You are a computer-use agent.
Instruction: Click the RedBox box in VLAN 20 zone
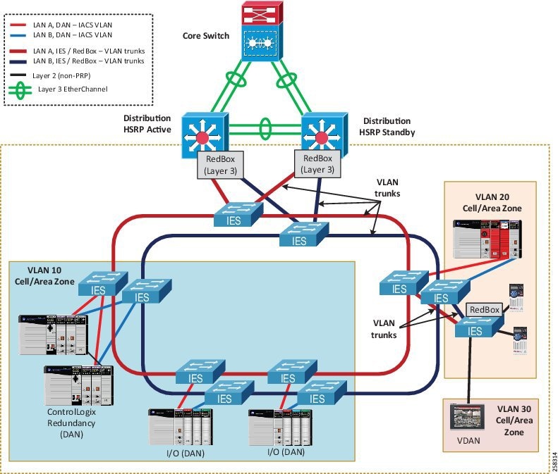pyautogui.click(x=484, y=309)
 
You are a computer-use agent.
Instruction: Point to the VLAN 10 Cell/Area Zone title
pyautogui.click(x=44, y=275)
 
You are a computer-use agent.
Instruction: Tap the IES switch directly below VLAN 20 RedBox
pyautogui.click(x=477, y=330)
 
